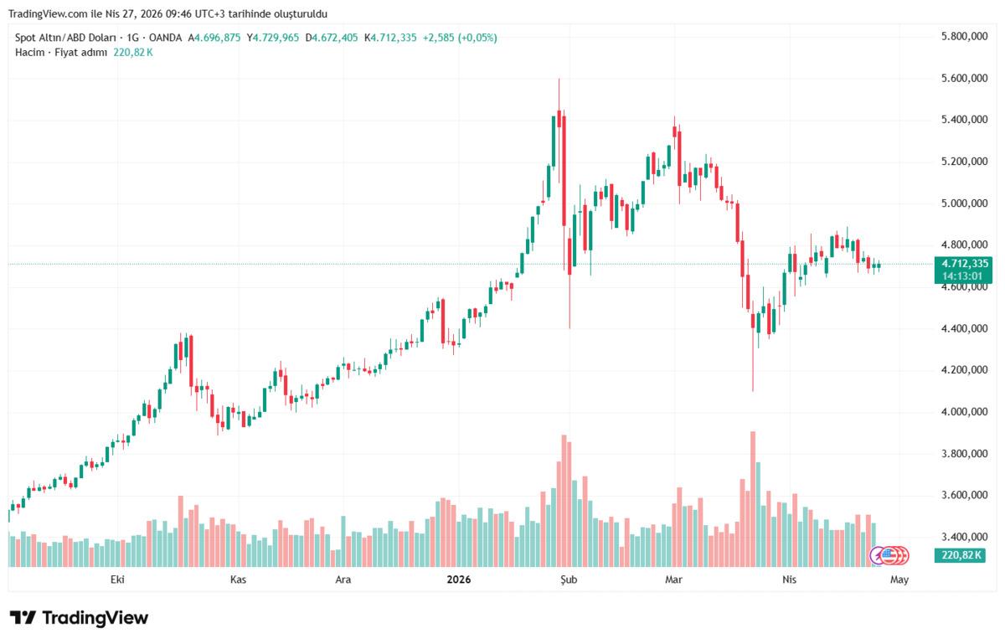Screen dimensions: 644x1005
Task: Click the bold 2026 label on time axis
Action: point(459,580)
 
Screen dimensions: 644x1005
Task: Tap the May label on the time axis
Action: point(899,580)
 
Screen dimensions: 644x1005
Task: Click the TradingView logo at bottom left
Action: point(79,618)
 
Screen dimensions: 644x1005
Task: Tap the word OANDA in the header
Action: point(166,38)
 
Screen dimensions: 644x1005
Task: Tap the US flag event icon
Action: point(900,554)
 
